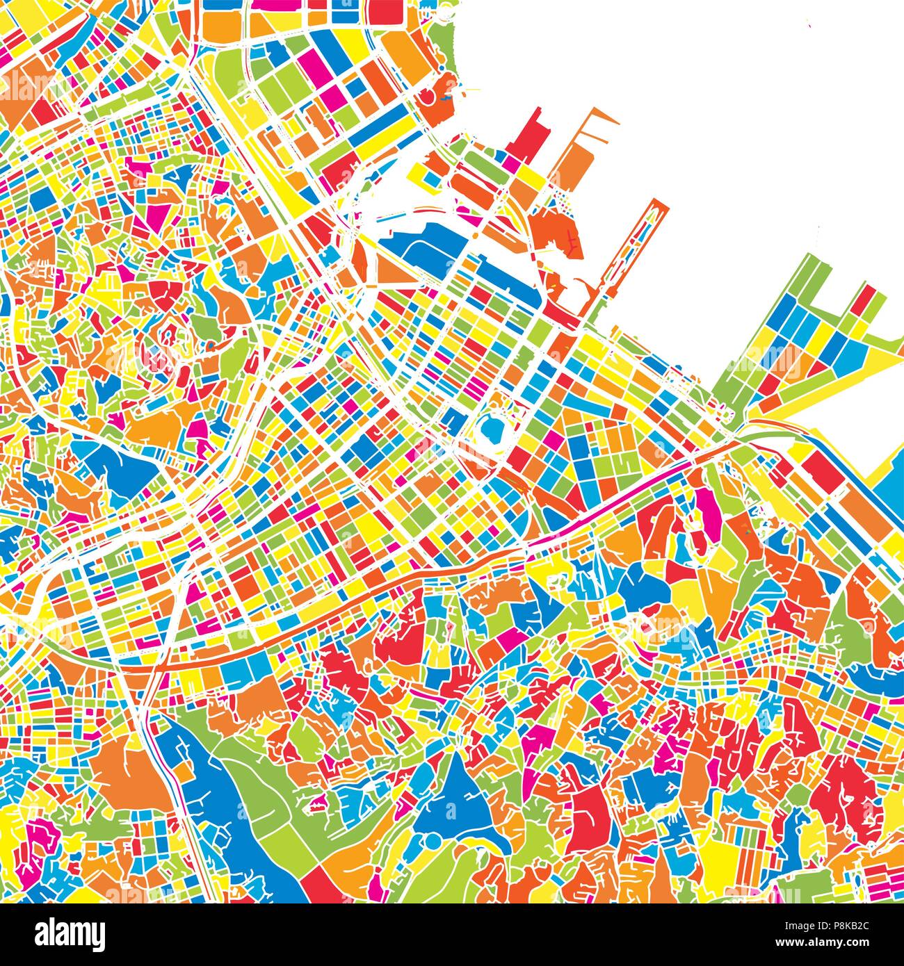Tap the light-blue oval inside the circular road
492,429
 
